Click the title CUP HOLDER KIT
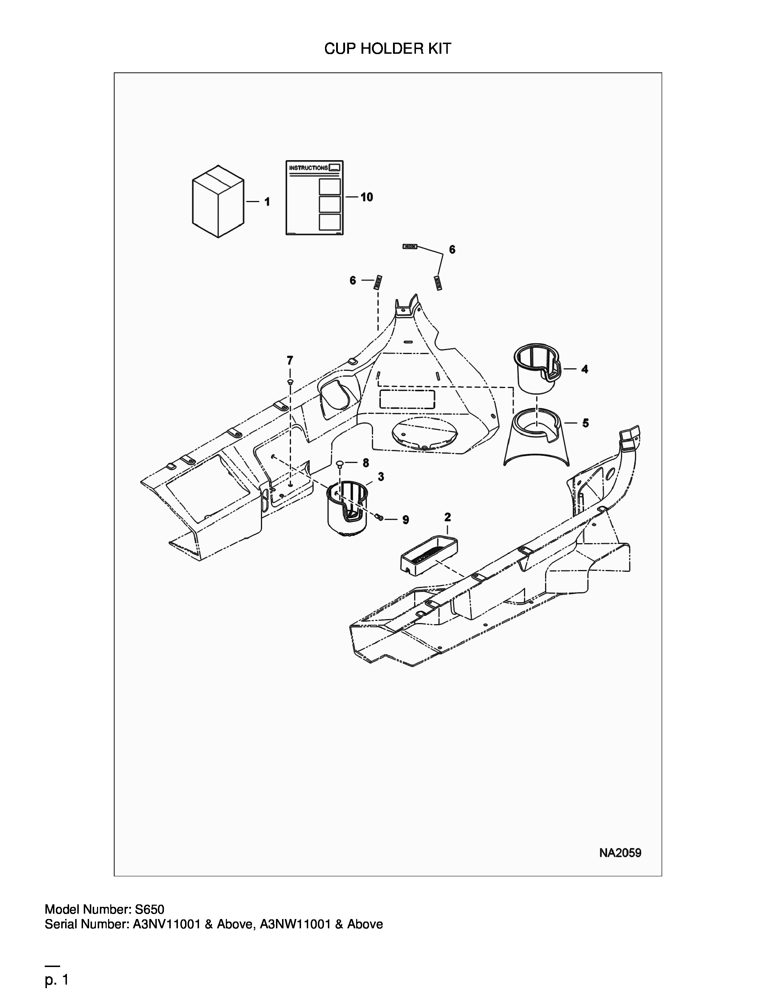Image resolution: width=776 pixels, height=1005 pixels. pyautogui.click(x=388, y=48)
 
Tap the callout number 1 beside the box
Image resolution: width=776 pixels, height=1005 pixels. pyautogui.click(x=267, y=202)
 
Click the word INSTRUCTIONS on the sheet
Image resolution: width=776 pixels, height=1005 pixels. pyautogui.click(x=309, y=168)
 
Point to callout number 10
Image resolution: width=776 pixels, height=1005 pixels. pyautogui.click(x=367, y=197)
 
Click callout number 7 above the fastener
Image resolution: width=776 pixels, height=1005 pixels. pyautogui.click(x=290, y=360)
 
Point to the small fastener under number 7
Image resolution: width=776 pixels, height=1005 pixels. pyautogui.click(x=290, y=382)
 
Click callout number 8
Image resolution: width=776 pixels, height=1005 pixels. pyautogui.click(x=365, y=463)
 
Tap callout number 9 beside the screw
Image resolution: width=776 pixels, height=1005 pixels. pyautogui.click(x=406, y=520)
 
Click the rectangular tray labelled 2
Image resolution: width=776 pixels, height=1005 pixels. pyautogui.click(x=429, y=556)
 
